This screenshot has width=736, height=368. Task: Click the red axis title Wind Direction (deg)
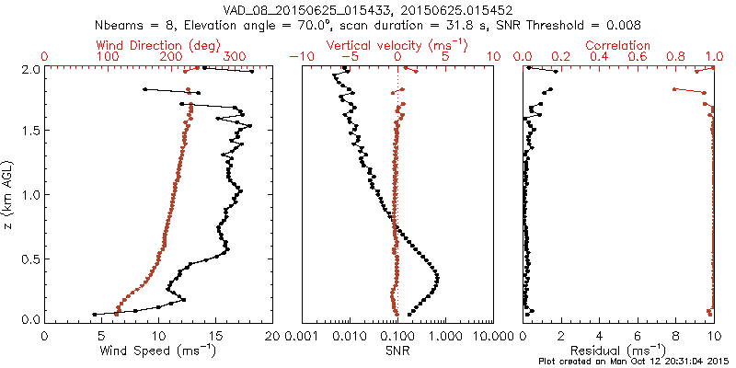click(159, 45)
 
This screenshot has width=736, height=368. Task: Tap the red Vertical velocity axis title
click(397, 45)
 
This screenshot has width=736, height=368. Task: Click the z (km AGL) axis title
click(10, 193)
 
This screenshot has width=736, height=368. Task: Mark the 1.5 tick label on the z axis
click(29, 131)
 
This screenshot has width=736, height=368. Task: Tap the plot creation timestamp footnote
click(636, 362)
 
